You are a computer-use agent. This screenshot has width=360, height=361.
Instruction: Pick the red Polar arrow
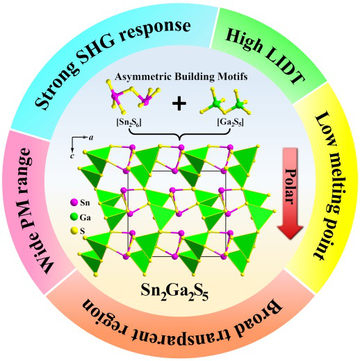[x=290, y=193]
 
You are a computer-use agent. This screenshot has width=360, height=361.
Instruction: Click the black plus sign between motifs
[x=179, y=103]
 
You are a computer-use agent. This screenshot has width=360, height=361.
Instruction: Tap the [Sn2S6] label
[x=129, y=122]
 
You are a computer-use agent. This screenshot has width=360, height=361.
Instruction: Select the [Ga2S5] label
[x=230, y=122]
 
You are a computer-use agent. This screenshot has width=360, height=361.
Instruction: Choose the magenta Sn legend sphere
[x=74, y=203]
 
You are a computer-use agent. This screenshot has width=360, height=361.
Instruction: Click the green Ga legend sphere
[x=74, y=217]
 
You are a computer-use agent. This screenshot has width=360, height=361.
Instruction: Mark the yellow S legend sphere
[x=74, y=230]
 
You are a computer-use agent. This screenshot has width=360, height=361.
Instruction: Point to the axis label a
[x=91, y=137]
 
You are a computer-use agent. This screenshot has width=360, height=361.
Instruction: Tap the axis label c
[x=72, y=156]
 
